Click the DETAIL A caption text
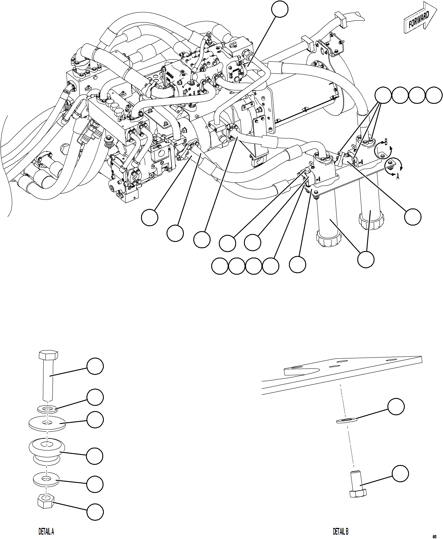[x=46, y=532]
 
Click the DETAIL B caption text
[x=340, y=532]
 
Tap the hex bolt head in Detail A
[x=48, y=355]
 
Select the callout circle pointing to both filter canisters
[x=366, y=259]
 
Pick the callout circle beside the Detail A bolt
[x=95, y=366]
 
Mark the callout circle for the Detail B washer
[x=396, y=407]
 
